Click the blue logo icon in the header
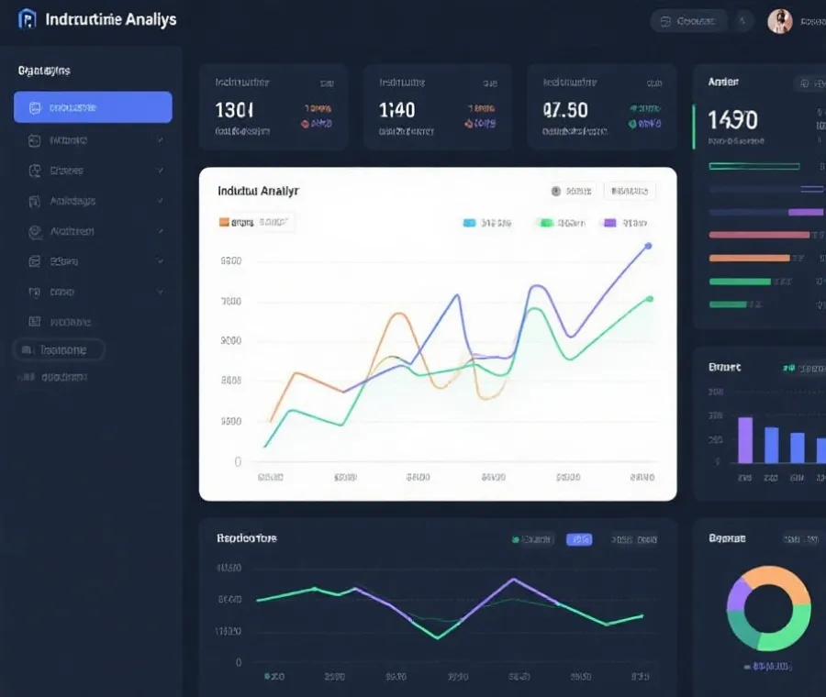pyautogui.click(x=28, y=19)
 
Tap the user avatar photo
pyautogui.click(x=779, y=21)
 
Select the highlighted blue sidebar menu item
pyautogui.click(x=93, y=107)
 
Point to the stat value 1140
pyautogui.click(x=396, y=110)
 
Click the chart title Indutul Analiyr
pyautogui.click(x=258, y=191)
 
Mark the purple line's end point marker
pyautogui.click(x=648, y=246)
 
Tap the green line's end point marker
pyautogui.click(x=650, y=298)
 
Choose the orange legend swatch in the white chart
pyautogui.click(x=224, y=222)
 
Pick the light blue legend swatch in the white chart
pyautogui.click(x=469, y=222)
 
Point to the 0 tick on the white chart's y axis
pyautogui.click(x=238, y=461)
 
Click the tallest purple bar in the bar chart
pyautogui.click(x=745, y=439)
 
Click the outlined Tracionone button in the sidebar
pyautogui.click(x=60, y=349)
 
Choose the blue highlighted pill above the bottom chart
pyautogui.click(x=579, y=539)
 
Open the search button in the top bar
pyautogui.click(x=688, y=21)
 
